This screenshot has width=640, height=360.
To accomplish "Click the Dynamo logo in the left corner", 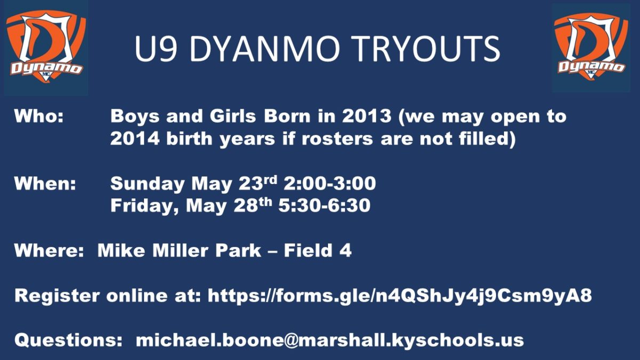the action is tap(46, 47).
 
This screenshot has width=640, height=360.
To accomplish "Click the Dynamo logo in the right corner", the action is tap(591, 47).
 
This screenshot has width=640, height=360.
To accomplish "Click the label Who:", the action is tap(39, 116).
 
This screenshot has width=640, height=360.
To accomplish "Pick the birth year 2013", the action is tap(367, 116).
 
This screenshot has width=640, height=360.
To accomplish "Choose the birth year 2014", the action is tap(134, 138).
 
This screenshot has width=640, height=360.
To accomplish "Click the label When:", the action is tap(45, 183).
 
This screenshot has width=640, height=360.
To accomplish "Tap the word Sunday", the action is tap(147, 183).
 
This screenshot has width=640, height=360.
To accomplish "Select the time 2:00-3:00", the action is tap(330, 183).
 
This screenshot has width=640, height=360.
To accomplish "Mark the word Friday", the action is tap(145, 206).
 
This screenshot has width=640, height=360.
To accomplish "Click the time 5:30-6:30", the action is tap(324, 205).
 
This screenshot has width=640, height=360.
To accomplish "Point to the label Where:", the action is tap(49, 250).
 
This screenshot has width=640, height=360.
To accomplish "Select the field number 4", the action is tap(346, 250).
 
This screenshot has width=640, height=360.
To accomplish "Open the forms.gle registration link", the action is tap(399, 296).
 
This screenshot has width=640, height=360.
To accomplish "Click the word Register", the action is tap(57, 296).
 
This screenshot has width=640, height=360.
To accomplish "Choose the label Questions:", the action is tap(69, 341).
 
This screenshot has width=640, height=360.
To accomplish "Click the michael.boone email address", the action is tap(330, 341).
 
